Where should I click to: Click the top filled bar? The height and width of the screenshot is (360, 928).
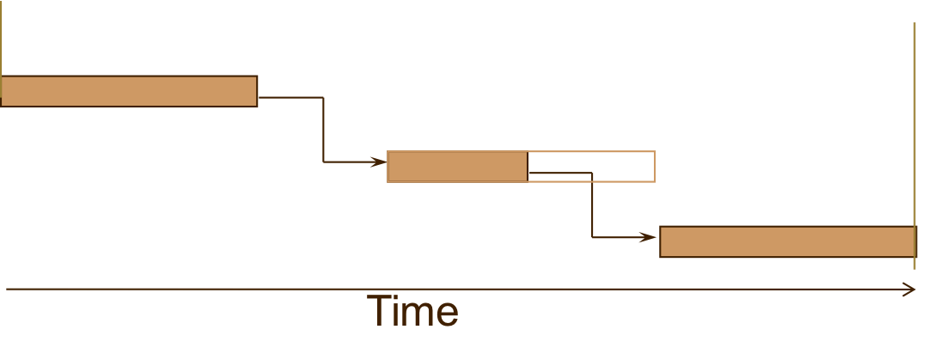click(x=129, y=91)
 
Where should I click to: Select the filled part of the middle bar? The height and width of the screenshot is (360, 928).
click(x=457, y=167)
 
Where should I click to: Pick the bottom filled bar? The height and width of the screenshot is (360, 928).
click(x=787, y=241)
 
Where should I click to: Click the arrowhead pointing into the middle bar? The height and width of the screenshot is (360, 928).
click(x=379, y=162)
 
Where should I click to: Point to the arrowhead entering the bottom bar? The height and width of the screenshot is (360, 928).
click(x=649, y=237)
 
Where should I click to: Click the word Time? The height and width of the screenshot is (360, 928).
click(x=412, y=311)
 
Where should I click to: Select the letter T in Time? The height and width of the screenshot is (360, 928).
click(x=381, y=311)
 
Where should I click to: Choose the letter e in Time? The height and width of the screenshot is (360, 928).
click(x=446, y=315)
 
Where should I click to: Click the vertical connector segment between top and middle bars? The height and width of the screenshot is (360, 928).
click(x=323, y=129)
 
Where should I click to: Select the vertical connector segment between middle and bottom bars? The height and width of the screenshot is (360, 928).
click(x=592, y=206)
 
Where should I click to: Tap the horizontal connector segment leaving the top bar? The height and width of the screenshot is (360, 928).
click(x=290, y=97)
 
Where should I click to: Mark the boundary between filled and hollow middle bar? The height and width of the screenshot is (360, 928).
click(x=527, y=167)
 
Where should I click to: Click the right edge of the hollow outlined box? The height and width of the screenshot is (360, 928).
click(x=655, y=167)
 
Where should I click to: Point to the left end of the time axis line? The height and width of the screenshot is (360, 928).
click(x=8, y=290)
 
